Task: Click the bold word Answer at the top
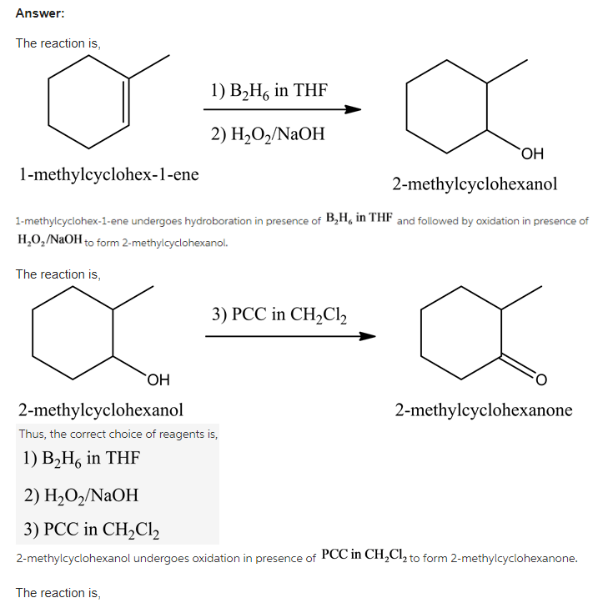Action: click(40, 13)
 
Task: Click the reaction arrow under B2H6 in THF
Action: click(282, 109)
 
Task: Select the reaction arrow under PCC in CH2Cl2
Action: click(289, 337)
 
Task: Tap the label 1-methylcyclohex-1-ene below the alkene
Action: click(108, 174)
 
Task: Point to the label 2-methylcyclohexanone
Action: click(484, 410)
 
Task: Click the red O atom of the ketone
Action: click(540, 382)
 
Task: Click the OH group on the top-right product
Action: click(531, 153)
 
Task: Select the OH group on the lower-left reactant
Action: click(158, 381)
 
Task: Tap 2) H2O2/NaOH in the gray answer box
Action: click(81, 495)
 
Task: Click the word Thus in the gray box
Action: click(32, 434)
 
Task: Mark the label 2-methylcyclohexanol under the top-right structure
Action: click(475, 184)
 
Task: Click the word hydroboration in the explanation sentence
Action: click(217, 222)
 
